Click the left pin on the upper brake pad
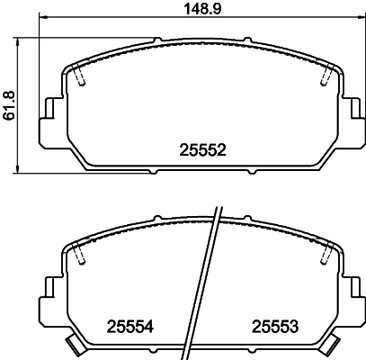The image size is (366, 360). tap(81, 80)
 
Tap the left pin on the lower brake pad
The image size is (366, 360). tap(81, 257)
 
